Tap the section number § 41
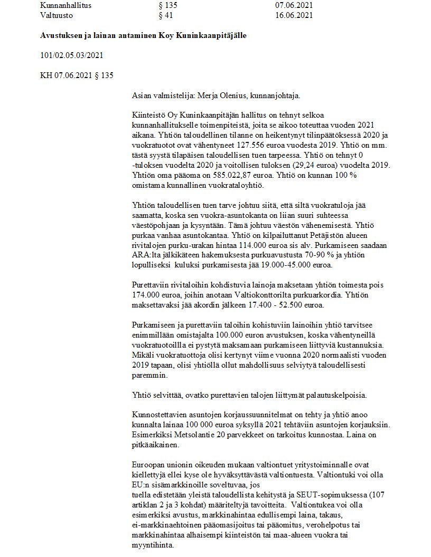click(166, 15)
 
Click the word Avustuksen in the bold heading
click(60, 35)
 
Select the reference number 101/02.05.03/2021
click(71, 55)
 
